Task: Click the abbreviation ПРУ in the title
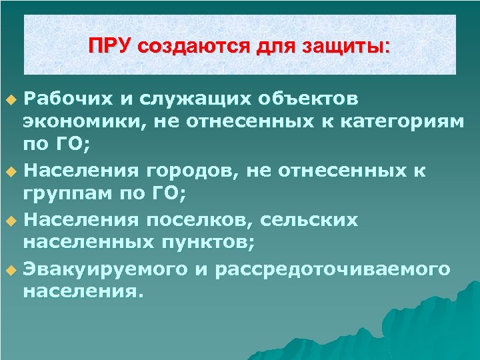tap(111, 46)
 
